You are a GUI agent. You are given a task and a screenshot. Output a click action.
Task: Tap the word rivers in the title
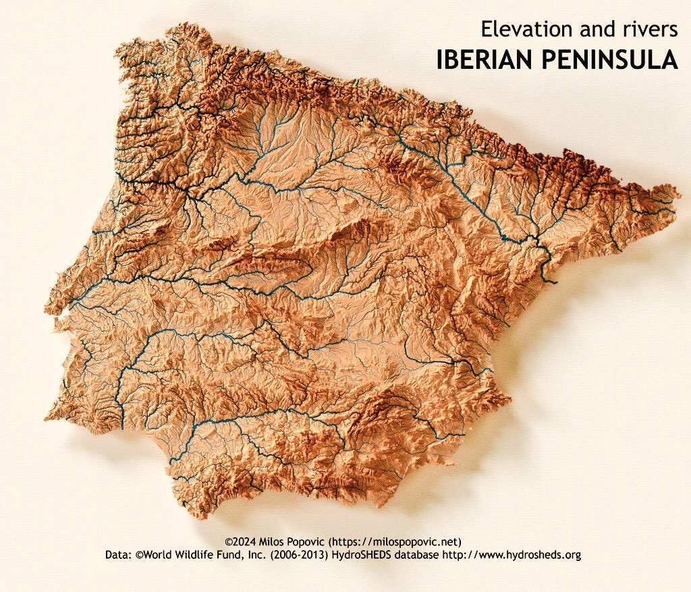tap(647, 28)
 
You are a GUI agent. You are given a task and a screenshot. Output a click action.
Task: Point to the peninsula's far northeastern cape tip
tap(679, 196)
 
